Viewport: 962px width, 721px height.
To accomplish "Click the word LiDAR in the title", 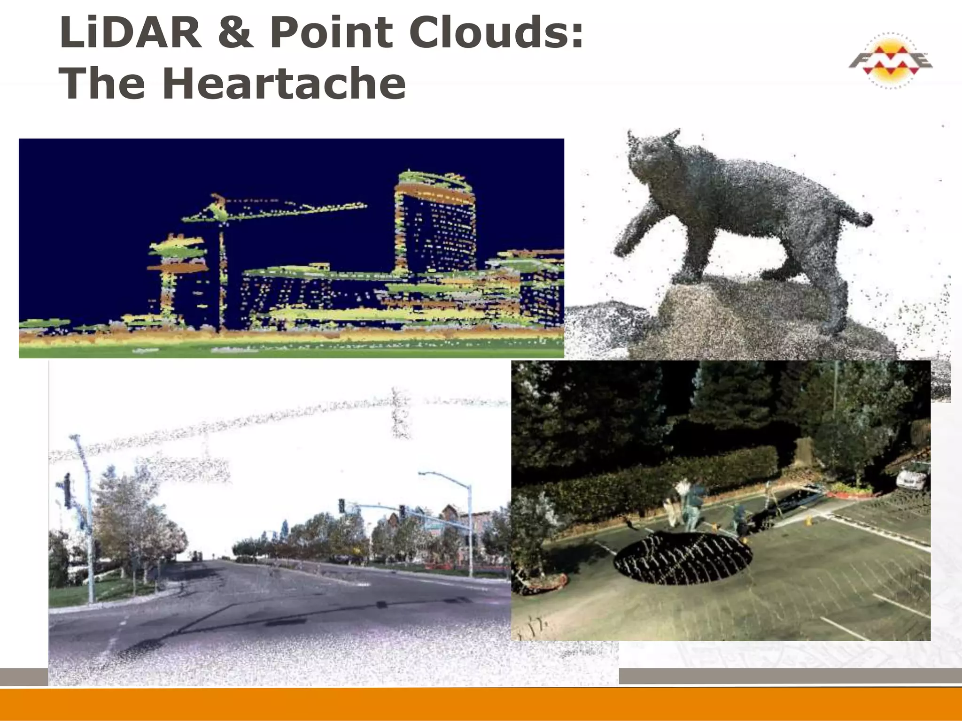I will (x=131, y=33).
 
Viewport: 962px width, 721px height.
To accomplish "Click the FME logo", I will (x=891, y=61).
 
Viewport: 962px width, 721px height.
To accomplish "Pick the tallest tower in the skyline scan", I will (x=434, y=221).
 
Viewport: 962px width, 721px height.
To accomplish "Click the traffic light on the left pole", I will (x=68, y=491).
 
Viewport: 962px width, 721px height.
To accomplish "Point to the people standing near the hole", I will (x=693, y=507).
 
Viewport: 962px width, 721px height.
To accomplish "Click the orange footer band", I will (x=481, y=704).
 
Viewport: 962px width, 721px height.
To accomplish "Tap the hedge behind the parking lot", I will (x=658, y=474).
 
